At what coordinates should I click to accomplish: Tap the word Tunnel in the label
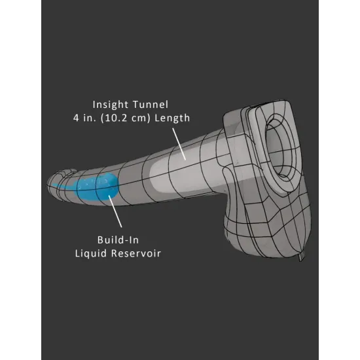tap(151, 105)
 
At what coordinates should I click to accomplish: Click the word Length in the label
tap(172, 118)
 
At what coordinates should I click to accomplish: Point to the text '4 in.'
tap(84, 118)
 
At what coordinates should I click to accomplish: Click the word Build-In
tap(118, 240)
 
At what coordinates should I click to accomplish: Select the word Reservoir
tap(136, 253)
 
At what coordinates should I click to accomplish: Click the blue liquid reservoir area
tap(98, 187)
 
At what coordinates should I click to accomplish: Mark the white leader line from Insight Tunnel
tap(179, 144)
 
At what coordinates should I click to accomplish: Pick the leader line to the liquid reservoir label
tap(115, 211)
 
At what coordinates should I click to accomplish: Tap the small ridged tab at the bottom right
tap(302, 257)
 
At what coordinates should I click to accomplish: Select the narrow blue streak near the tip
tap(62, 185)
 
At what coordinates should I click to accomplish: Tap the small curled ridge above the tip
tap(68, 171)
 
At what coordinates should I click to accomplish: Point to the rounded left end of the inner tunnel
tap(152, 177)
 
